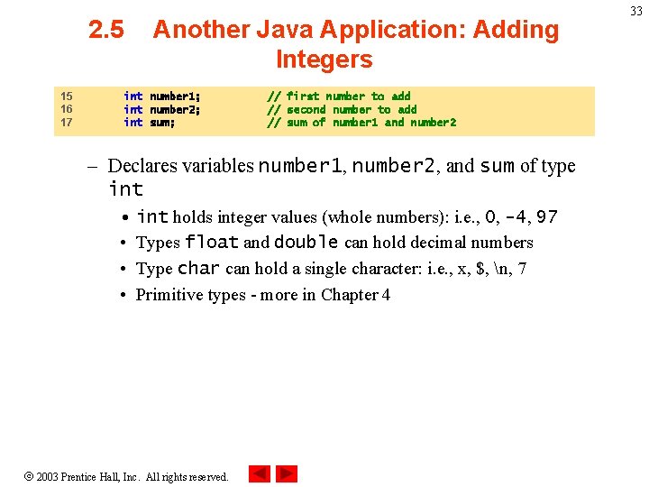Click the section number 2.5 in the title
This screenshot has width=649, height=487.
[x=106, y=30]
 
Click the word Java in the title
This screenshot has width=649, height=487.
[x=275, y=30]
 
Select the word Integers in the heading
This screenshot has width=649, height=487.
[x=324, y=60]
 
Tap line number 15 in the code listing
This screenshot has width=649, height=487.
[x=66, y=96]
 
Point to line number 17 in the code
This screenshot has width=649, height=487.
[x=66, y=123]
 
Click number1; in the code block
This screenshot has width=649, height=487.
[x=175, y=96]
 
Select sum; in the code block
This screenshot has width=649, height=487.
[x=162, y=123]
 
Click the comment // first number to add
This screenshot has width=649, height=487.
[x=338, y=96]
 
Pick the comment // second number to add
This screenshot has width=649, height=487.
[x=342, y=109]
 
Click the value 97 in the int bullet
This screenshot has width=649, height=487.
[x=546, y=217]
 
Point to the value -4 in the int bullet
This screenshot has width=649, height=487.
[x=516, y=217]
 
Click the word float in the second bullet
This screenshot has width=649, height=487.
[x=212, y=243]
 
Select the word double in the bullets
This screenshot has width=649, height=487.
[x=306, y=243]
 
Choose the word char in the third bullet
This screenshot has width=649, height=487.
[x=198, y=269]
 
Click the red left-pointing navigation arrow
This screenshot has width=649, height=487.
[x=259, y=473]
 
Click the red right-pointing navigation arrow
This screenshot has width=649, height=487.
[x=287, y=473]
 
